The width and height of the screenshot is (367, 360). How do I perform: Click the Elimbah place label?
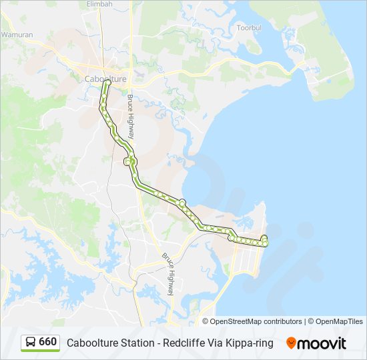(100, 4)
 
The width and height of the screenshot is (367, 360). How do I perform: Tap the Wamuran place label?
(17, 34)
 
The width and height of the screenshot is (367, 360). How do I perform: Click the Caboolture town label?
(105, 79)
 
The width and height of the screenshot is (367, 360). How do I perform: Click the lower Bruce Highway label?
(170, 274)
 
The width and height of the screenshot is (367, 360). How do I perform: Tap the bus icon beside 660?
(31, 343)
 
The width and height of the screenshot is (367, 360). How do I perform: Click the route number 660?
(48, 342)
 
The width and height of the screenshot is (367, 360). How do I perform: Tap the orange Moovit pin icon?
(292, 343)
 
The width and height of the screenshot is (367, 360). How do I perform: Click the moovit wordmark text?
(322, 343)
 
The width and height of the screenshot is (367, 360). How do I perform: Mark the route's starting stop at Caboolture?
(106, 84)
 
